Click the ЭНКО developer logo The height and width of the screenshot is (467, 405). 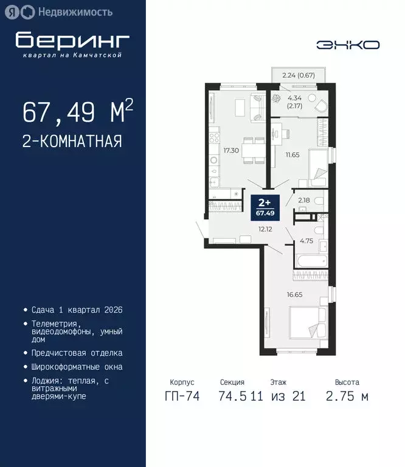tap(348, 44)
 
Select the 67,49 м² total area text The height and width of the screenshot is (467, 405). tap(78, 112)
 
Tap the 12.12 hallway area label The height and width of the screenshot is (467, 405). tap(265, 229)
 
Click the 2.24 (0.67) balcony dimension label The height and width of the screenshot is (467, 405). tap(298, 75)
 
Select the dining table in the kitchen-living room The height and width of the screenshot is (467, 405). tap(253, 149)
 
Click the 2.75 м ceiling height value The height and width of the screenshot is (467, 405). tap(347, 396)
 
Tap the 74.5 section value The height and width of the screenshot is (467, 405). tap(232, 396)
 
